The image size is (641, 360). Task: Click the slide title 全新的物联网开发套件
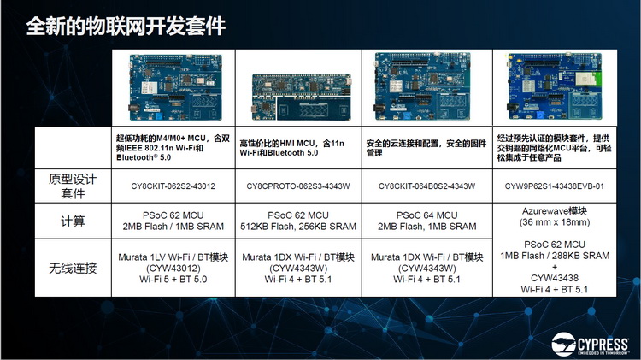tap(126, 26)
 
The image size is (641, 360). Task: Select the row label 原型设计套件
tap(73, 186)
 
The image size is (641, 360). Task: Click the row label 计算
tap(73, 221)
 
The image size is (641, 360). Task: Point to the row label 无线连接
tap(73, 268)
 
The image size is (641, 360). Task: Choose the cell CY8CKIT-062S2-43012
tap(173, 186)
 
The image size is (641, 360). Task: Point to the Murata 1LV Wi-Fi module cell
tap(173, 267)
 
